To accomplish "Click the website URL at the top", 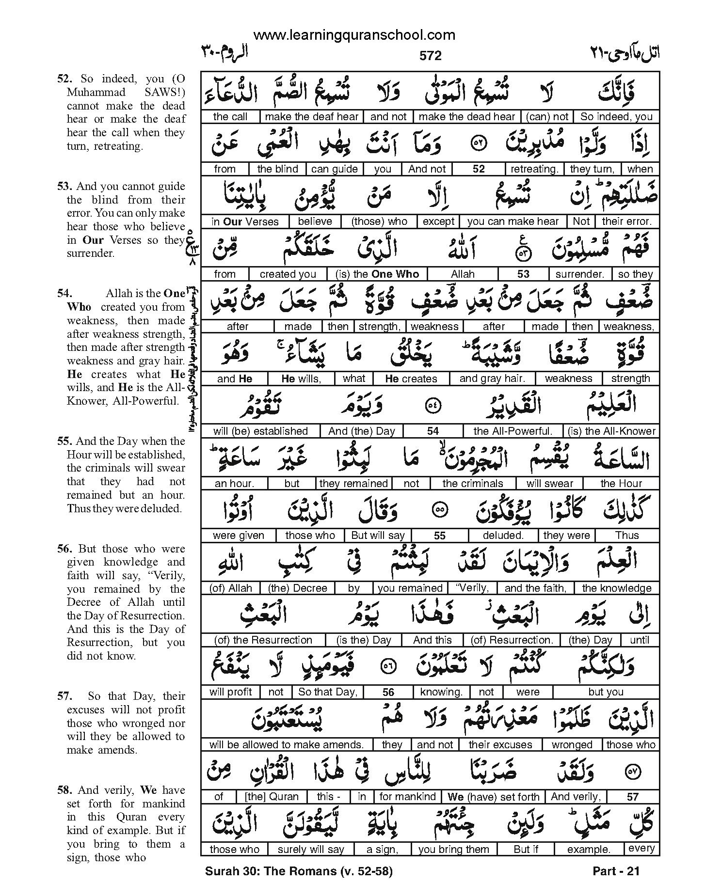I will pos(354,35).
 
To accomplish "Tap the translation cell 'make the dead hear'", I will pos(466,116).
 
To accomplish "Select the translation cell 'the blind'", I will pos(277,169).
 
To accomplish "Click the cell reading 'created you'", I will pos(288,274).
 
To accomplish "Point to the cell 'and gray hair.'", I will pos(492,378).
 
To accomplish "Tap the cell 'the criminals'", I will pos(472,483).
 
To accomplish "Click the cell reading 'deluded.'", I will pos(503,536).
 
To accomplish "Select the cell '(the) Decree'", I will pos(298,588).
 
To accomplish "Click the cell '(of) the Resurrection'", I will pos(263,640).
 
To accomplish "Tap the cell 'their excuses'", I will pos(500,744).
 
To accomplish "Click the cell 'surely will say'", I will pos(310,849).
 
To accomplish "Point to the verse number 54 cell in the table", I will pos(433,431).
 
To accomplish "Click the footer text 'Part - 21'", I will pos(616,871).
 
